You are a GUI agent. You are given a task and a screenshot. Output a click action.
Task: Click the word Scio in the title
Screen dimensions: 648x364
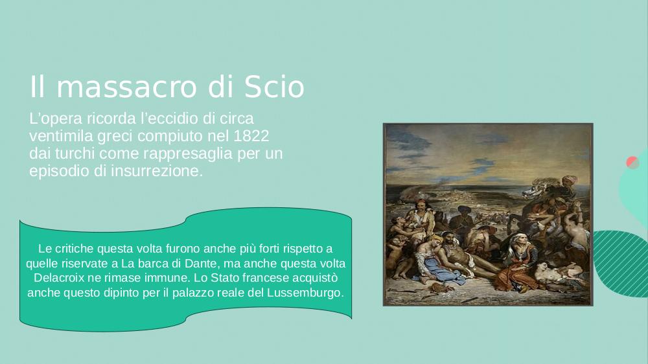(274, 87)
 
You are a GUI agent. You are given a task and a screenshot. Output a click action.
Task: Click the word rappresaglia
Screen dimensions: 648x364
(188, 154)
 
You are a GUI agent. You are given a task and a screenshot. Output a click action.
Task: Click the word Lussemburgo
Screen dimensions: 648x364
(305, 293)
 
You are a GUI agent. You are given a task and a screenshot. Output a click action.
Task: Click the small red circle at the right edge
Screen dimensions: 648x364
(632, 163)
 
